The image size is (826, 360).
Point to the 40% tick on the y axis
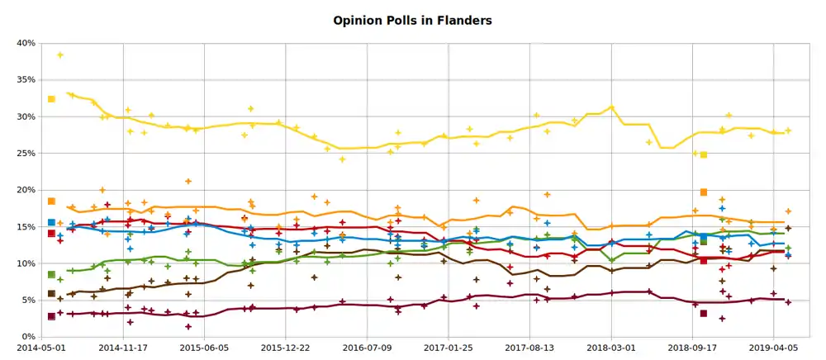25,43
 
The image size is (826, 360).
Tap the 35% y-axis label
25,80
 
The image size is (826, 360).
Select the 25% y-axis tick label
25,154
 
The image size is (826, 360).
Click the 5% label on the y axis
27,301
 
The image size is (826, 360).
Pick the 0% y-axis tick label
27,337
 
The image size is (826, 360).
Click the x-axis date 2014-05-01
42,348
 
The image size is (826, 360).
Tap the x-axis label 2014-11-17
123,348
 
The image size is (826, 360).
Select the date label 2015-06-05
204,348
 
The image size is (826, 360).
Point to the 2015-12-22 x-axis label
286,348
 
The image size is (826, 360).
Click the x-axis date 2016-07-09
367,348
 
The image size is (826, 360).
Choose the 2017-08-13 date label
529,348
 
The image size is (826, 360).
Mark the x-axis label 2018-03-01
611,348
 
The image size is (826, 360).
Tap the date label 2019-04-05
774,348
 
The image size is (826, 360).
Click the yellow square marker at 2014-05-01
51,99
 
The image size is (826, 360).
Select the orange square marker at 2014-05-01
51,201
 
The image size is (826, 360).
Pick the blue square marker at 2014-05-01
51,222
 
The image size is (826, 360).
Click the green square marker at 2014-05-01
51,274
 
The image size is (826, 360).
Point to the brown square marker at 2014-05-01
51,293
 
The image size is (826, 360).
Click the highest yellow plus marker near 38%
60,55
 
